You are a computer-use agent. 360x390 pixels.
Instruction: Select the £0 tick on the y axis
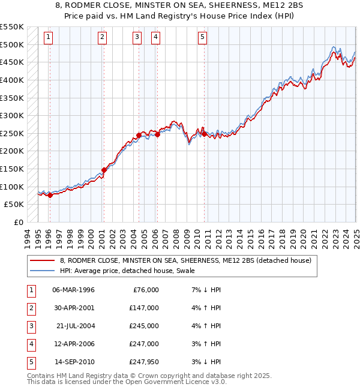click(19, 223)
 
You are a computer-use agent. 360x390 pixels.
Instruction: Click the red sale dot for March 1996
click(50, 195)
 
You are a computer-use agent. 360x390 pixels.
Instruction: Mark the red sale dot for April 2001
click(104, 170)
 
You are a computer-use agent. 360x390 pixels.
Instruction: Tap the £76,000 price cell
click(146, 290)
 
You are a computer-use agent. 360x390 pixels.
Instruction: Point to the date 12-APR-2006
click(74, 344)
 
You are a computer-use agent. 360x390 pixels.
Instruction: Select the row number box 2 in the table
click(31, 308)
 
